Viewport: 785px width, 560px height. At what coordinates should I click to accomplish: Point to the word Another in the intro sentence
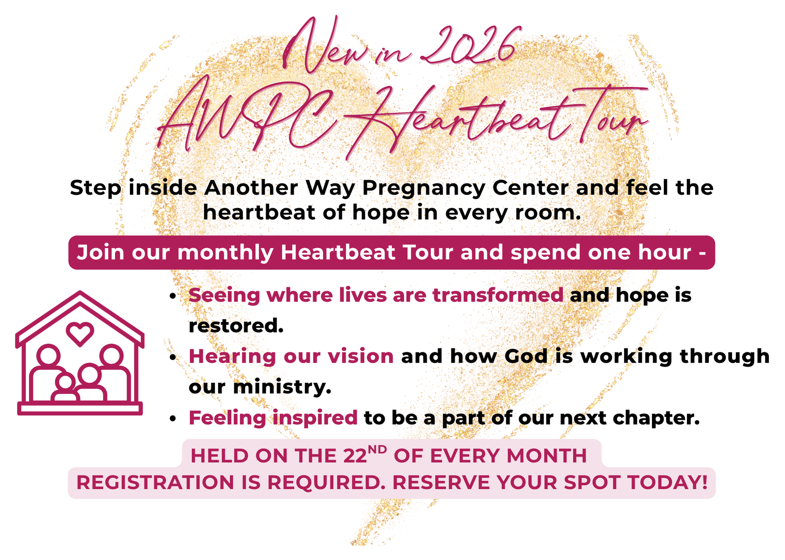(251, 187)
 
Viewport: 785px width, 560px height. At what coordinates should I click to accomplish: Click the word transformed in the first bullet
(498, 295)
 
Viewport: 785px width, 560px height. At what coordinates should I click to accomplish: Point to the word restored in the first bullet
(236, 326)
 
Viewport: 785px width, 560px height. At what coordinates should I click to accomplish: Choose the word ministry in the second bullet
(282, 387)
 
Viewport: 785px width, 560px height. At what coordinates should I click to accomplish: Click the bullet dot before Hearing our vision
(172, 358)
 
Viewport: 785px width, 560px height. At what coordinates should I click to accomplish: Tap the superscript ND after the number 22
(377, 449)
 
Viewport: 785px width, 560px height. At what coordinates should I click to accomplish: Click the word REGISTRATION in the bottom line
(155, 483)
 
